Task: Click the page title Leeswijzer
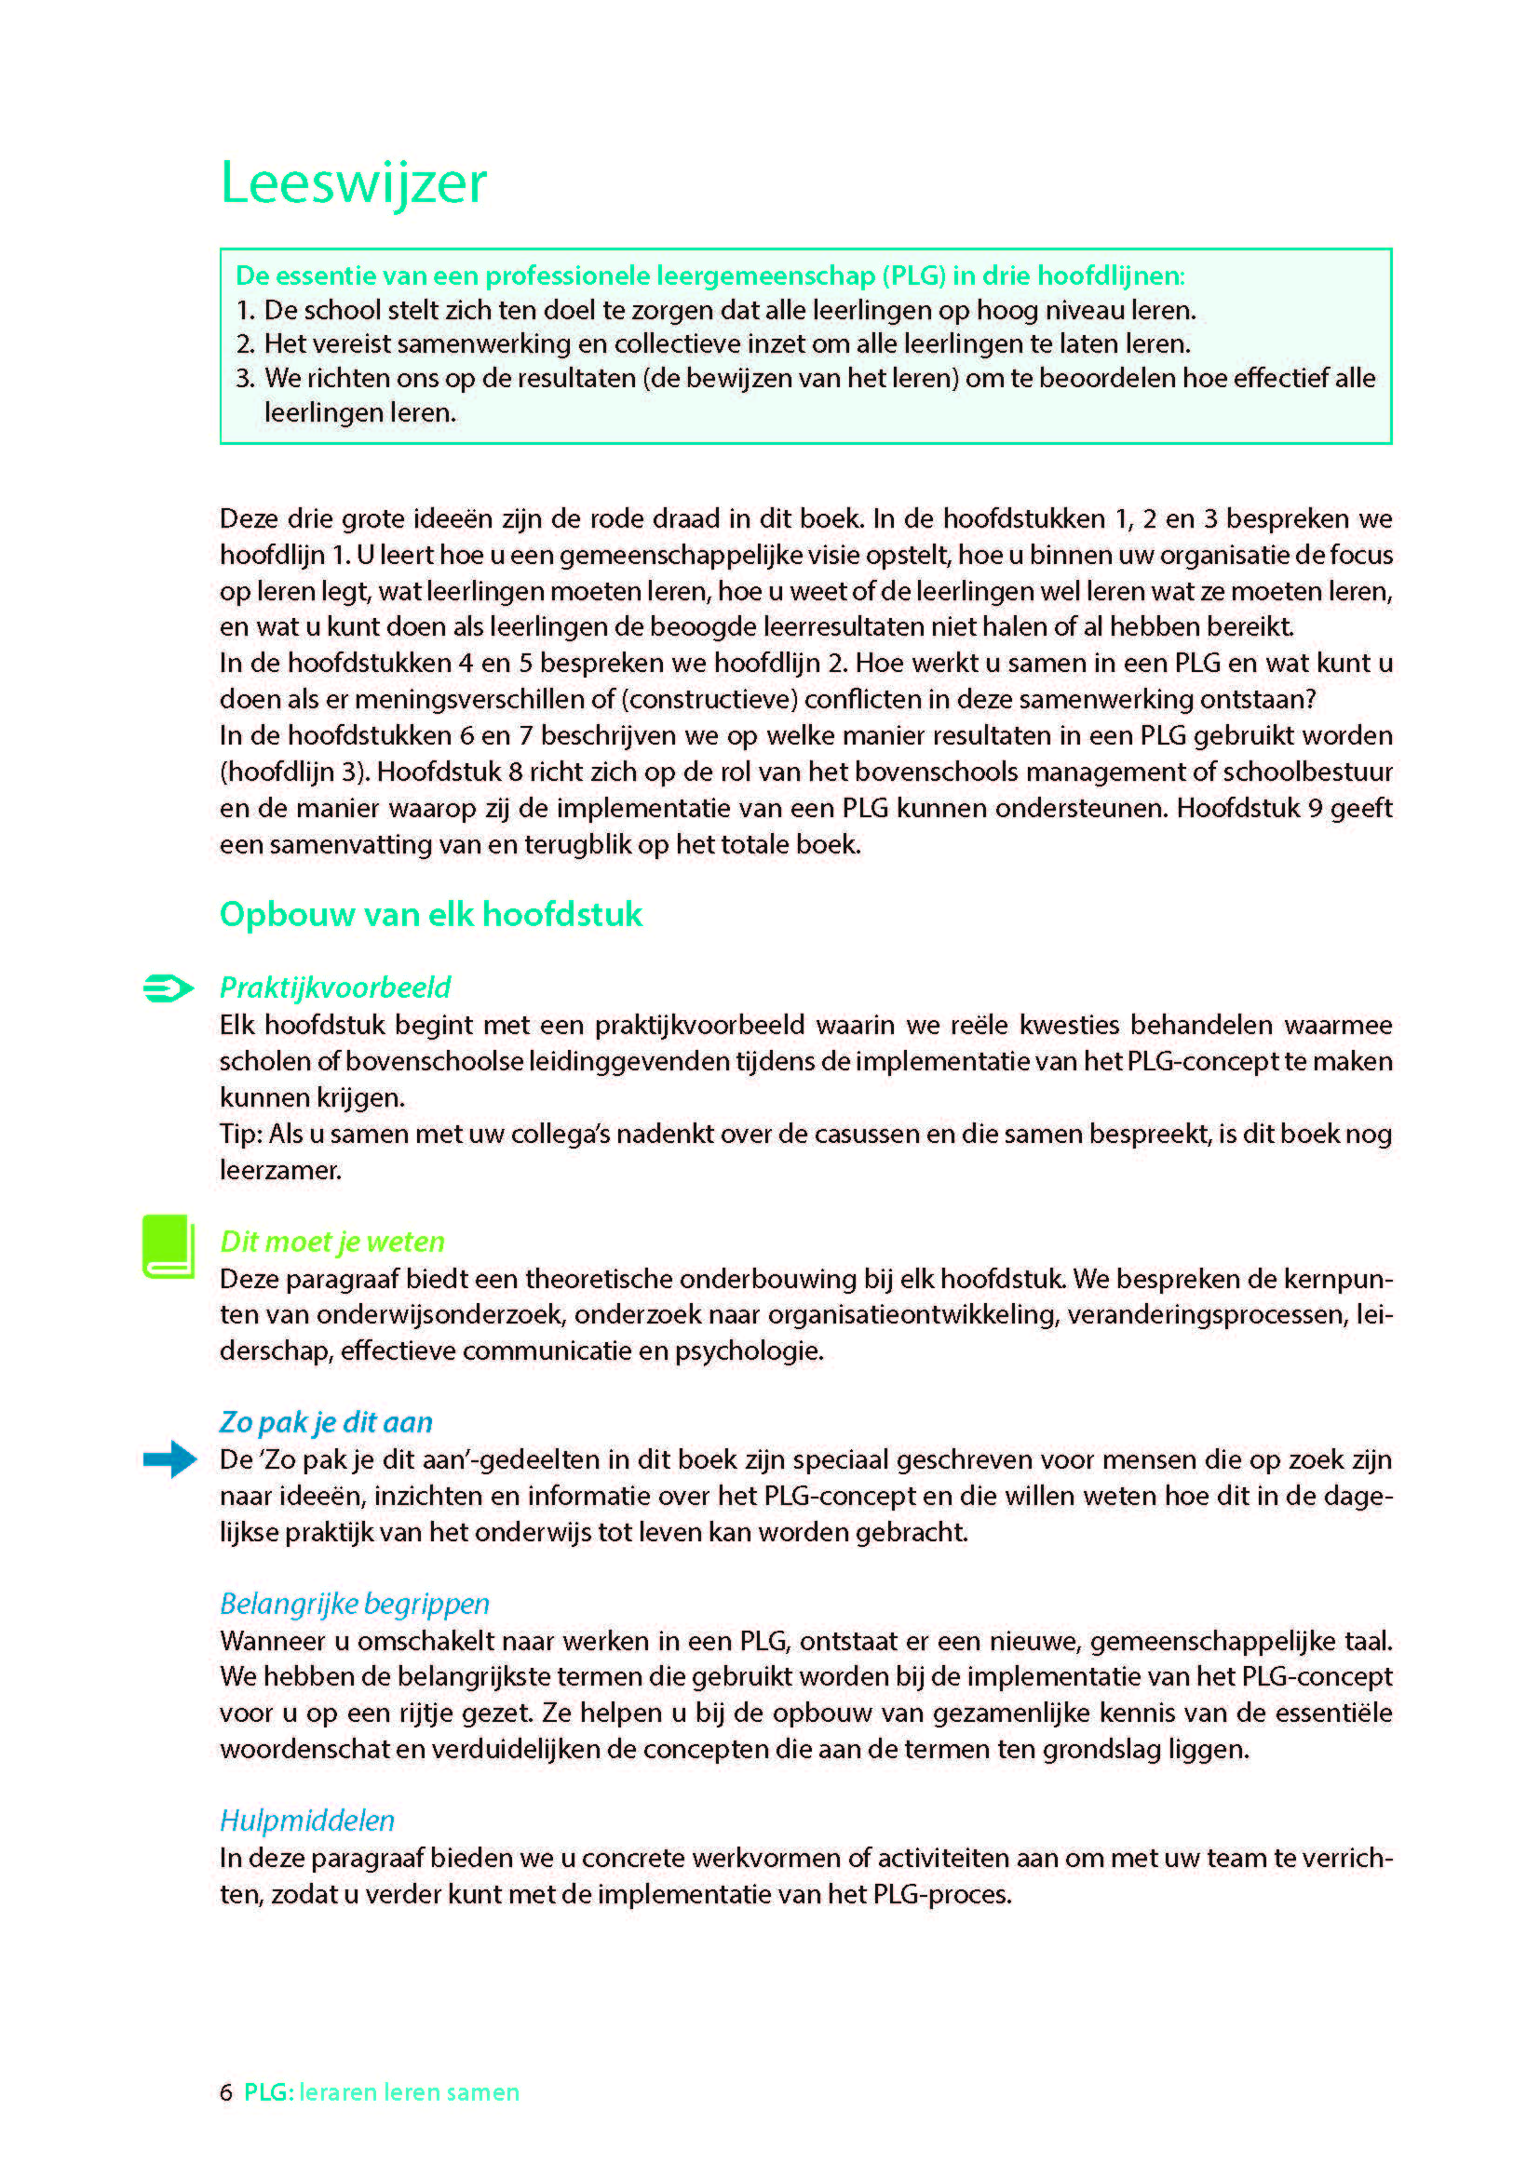tap(353, 182)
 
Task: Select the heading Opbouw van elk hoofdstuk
tap(430, 914)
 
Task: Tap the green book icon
tap(169, 1246)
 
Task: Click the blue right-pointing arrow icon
tap(169, 1458)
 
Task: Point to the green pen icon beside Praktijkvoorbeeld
tap(169, 988)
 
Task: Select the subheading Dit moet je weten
tap(331, 1242)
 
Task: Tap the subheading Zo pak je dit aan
tap(326, 1422)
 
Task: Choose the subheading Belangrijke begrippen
tap(355, 1604)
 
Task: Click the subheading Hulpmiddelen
tap(307, 1821)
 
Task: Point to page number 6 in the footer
tap(225, 2091)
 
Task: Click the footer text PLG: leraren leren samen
tap(381, 2091)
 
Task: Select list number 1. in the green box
tap(246, 310)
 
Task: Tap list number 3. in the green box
tap(246, 378)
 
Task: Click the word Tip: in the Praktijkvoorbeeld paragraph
tap(241, 1134)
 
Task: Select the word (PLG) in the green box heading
tap(914, 275)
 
